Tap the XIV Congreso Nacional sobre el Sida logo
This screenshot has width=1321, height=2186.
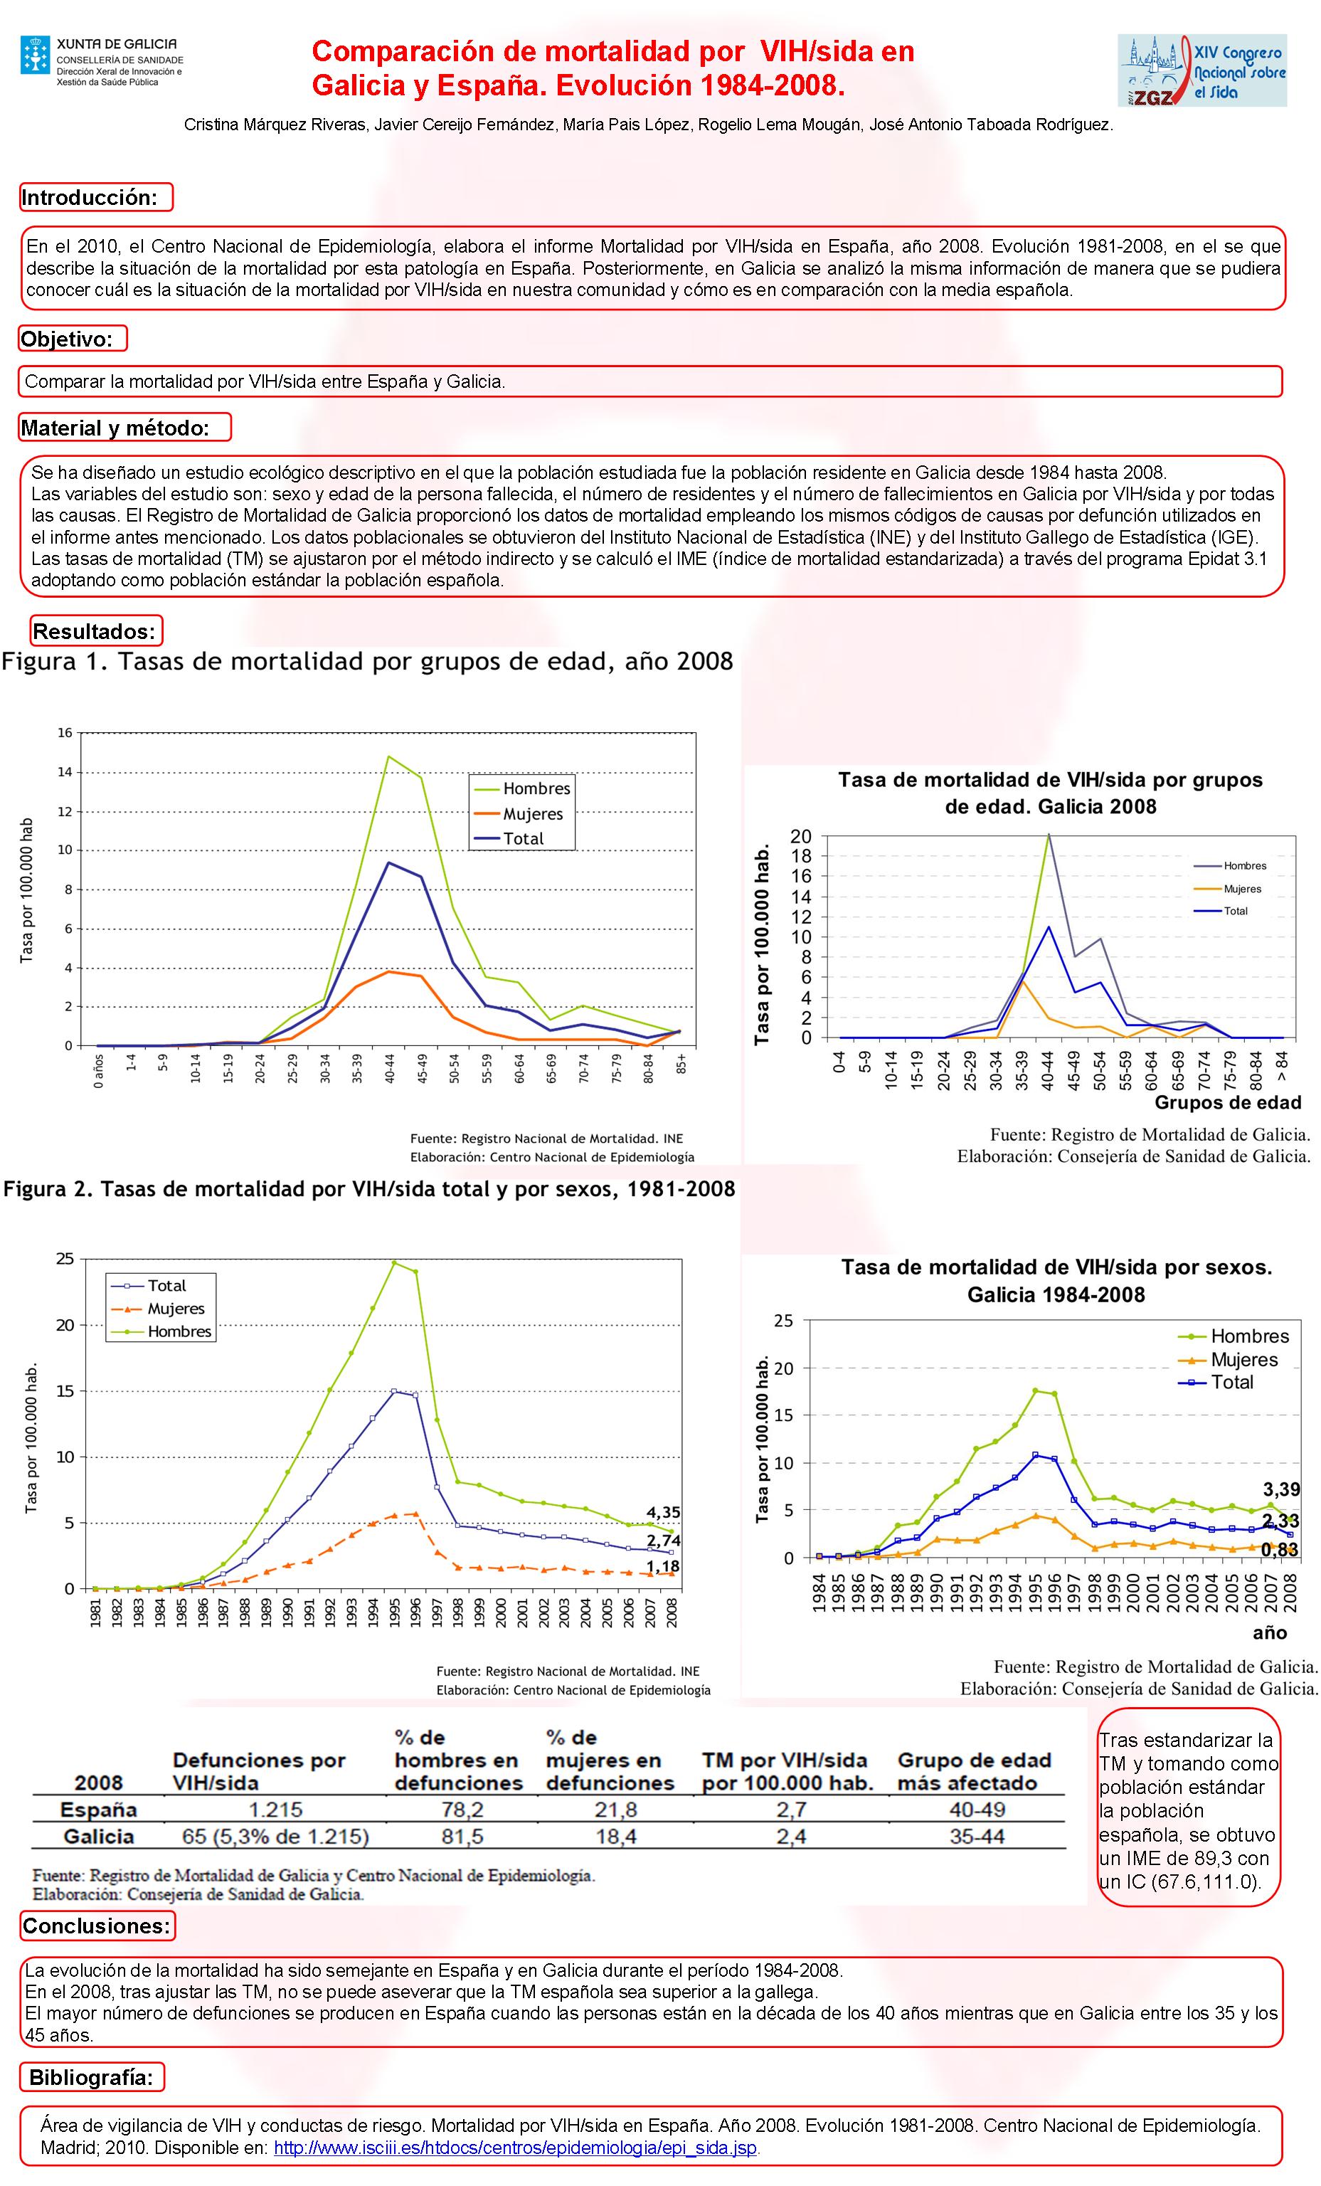click(x=1201, y=72)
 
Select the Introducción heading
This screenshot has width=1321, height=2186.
click(x=96, y=198)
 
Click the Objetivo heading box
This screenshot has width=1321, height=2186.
click(x=73, y=339)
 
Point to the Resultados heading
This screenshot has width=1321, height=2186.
click(x=96, y=632)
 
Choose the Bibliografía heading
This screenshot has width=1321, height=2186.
click(x=91, y=2077)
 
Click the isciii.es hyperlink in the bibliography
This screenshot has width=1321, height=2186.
click(x=516, y=2148)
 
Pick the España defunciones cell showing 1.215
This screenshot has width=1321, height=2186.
click(x=275, y=1810)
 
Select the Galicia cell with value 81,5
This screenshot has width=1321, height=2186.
click(x=462, y=1837)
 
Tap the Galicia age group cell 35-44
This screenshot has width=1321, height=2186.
click(x=977, y=1837)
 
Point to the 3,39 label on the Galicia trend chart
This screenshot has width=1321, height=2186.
click(x=1281, y=1489)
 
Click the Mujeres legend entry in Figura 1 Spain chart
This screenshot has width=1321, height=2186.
click(x=532, y=813)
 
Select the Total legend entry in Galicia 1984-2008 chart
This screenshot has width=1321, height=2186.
click(x=1231, y=1382)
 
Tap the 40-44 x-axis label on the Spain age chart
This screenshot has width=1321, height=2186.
click(x=389, y=1068)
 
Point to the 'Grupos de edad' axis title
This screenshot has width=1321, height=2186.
click(x=1227, y=1103)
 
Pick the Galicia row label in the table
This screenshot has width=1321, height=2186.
click(x=98, y=1837)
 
